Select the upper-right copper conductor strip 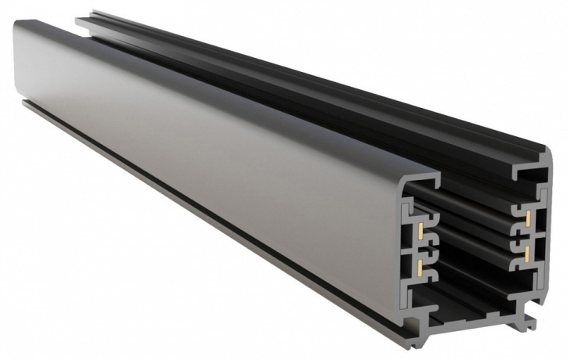tap(529, 215)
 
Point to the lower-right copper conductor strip tap(530, 252)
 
